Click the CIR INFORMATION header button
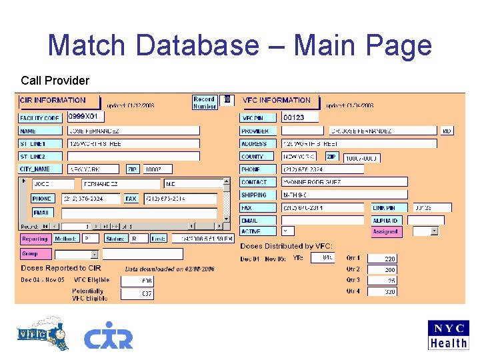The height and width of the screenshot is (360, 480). pos(59,101)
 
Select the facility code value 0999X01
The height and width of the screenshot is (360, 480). pos(86,117)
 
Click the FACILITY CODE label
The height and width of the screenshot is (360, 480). pos(40,118)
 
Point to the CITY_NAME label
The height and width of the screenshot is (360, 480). pos(40,169)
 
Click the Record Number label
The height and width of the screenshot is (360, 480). pos(204,102)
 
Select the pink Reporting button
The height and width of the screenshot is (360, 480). pos(35,239)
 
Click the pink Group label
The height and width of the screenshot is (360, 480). pos(35,254)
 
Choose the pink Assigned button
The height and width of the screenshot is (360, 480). pos(387,232)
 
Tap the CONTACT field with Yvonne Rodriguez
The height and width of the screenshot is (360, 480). pos(323,182)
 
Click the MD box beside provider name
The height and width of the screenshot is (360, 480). pos(447,131)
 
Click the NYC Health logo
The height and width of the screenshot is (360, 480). pos(448,335)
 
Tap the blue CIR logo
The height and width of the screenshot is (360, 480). pos(108,335)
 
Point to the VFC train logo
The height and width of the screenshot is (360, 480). pos(43,333)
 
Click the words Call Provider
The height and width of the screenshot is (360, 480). pos(55,81)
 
